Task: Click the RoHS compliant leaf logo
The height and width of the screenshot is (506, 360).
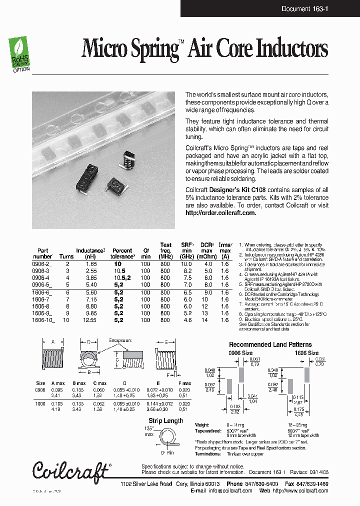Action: pos(20,53)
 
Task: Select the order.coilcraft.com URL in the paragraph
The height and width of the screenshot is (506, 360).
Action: pos(220,212)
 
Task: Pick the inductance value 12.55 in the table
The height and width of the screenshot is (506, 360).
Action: pos(90,319)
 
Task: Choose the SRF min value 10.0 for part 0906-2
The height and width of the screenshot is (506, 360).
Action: pos(186,263)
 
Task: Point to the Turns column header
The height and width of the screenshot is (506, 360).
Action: pos(66,256)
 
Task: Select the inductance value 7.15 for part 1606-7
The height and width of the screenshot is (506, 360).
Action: pos(90,298)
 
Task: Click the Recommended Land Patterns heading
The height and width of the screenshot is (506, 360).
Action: pos(270,344)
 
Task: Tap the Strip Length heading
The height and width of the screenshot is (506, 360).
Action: pos(166,420)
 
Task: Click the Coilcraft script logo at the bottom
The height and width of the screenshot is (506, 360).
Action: pos(71,471)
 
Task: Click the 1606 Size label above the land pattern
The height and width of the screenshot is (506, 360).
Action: pos(306,353)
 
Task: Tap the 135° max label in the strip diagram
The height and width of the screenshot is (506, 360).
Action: pos(149,431)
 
